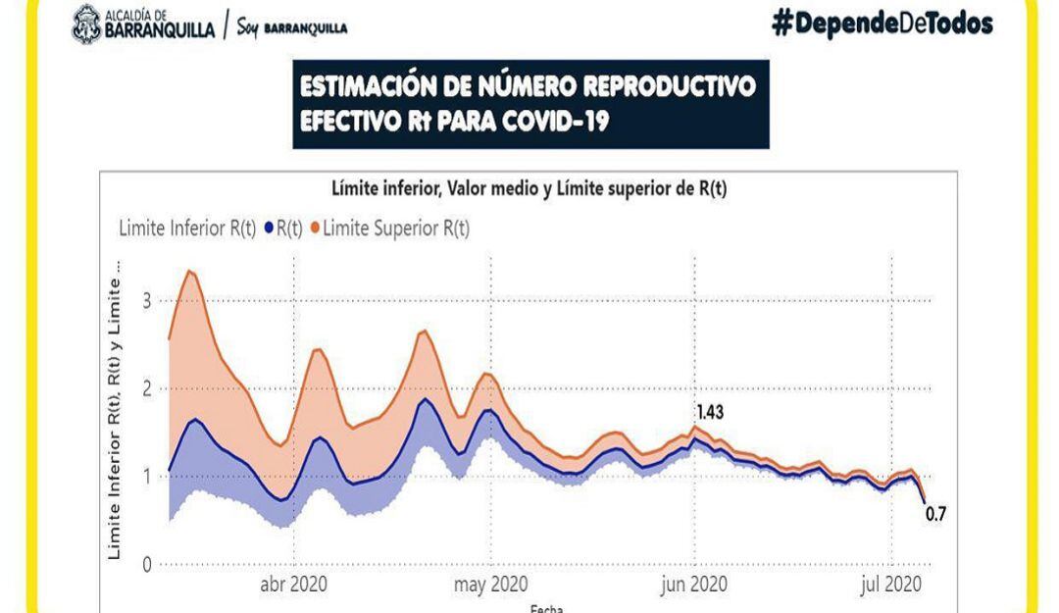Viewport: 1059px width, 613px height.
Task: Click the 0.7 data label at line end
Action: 935,511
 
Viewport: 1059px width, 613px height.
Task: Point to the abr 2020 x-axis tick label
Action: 293,585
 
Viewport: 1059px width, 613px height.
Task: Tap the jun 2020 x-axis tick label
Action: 694,585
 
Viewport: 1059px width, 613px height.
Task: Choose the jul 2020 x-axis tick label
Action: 893,585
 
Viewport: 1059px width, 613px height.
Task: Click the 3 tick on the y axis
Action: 146,300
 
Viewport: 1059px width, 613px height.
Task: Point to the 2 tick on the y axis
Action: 146,388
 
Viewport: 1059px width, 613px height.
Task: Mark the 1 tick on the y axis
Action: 146,477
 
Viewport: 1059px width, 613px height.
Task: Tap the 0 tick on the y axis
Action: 146,565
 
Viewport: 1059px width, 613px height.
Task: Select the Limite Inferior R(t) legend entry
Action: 186,229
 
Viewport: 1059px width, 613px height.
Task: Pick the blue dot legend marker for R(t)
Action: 269,229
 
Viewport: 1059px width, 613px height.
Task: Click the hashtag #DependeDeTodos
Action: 882,25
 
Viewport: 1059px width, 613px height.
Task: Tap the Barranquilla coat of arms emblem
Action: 86,24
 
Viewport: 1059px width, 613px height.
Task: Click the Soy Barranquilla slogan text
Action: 292,26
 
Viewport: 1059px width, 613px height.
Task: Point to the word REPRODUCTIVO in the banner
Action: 670,87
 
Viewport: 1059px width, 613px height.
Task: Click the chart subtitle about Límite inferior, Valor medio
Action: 529,189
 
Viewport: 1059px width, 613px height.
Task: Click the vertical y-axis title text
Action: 115,412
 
